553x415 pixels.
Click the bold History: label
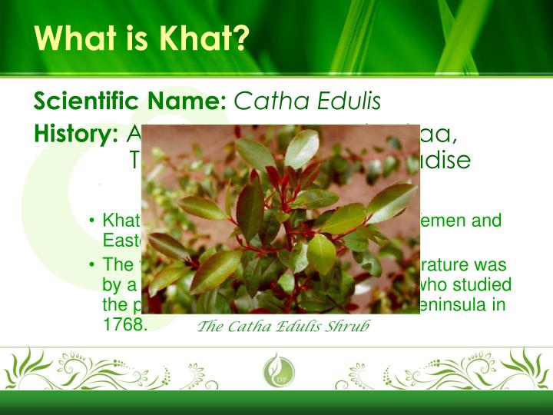75,134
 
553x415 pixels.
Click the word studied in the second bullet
484,285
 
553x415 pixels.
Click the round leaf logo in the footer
276,372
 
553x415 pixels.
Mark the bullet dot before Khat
92,222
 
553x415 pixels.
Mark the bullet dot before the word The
92,265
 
